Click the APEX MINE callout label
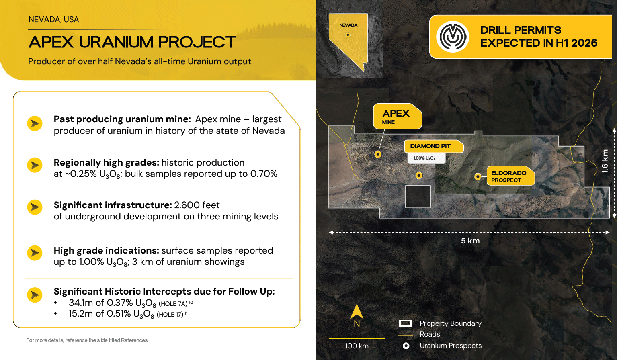(398, 116)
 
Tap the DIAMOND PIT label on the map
(434, 146)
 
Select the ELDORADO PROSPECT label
(510, 176)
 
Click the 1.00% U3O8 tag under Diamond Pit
(426, 158)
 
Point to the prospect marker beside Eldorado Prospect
(478, 176)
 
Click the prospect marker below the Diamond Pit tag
(419, 175)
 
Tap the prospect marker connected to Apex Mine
(378, 154)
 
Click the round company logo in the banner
(453, 37)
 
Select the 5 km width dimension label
(470, 241)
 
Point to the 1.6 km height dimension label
(605, 161)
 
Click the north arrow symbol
(357, 311)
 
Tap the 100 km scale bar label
(357, 346)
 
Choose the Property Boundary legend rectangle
(406, 323)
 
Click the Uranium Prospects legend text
(451, 346)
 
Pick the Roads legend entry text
(430, 334)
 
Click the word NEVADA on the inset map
(348, 25)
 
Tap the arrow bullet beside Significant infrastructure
(35, 207)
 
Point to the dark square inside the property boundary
(418, 196)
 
